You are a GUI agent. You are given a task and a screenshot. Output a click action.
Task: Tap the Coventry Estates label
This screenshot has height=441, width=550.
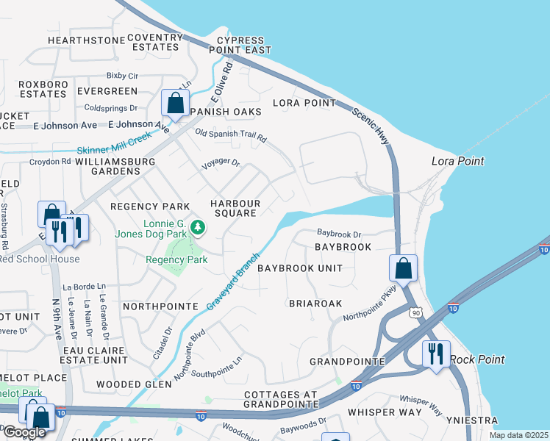tap(154, 42)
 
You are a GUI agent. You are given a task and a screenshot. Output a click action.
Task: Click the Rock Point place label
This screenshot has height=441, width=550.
tap(477, 359)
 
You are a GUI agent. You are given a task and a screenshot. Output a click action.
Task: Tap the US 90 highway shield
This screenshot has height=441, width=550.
tap(416, 314)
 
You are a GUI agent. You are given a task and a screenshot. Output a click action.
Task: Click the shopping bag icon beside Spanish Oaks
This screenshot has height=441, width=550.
tap(175, 103)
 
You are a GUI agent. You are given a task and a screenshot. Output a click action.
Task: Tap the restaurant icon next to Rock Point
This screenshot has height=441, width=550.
tap(435, 354)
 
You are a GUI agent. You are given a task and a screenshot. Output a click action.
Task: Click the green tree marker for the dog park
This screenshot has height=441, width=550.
tap(197, 228)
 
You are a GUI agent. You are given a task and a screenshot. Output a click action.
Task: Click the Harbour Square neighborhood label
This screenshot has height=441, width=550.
tap(235, 208)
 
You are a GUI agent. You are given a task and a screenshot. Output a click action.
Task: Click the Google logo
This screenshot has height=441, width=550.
tap(24, 432)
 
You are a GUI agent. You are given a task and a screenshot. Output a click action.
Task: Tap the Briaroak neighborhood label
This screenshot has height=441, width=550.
tap(315, 303)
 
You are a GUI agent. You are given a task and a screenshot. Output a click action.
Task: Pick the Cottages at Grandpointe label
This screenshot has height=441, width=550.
tap(281, 398)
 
